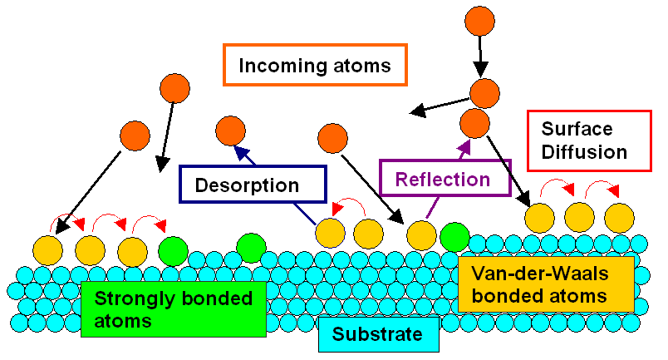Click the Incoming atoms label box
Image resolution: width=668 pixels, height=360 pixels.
coord(315,65)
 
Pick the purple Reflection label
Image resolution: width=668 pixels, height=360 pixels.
coord(444,179)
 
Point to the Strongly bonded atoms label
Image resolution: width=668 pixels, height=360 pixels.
coord(173,308)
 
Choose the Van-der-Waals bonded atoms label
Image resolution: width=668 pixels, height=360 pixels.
coord(545,284)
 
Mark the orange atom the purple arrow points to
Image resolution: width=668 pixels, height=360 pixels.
coord(474,122)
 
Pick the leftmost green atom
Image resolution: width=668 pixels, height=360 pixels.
coord(173,250)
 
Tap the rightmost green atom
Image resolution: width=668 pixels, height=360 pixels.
coord(454,237)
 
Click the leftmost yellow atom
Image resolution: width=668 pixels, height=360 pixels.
coord(47,250)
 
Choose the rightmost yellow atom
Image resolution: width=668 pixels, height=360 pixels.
coord(619,218)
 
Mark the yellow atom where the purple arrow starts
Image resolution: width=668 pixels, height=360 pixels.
coord(421,236)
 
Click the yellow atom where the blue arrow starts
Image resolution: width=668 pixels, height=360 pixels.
coord(330,234)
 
